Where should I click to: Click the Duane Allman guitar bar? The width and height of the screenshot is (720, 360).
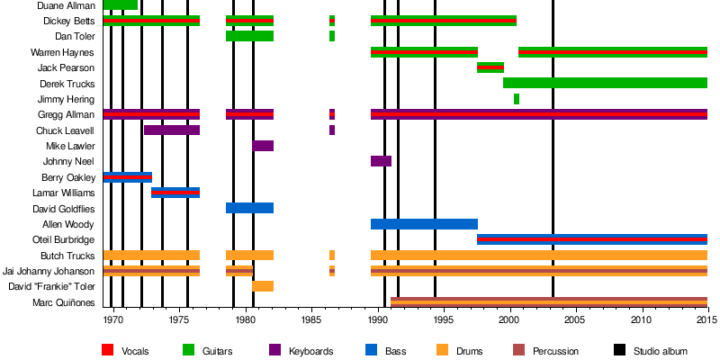click(121, 4)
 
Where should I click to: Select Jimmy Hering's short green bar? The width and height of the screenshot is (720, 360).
click(517, 99)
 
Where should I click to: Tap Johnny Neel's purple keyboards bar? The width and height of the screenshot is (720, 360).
click(381, 161)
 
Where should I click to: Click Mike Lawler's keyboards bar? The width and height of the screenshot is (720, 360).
click(263, 146)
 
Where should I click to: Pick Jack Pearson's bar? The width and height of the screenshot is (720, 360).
click(490, 67)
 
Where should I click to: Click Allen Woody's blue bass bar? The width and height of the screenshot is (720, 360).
click(424, 224)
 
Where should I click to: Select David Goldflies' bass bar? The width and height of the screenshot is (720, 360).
click(249, 208)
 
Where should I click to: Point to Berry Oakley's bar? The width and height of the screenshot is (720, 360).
click(128, 177)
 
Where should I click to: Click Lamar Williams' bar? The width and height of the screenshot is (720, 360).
click(175, 193)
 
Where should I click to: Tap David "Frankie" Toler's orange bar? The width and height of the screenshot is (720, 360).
click(263, 286)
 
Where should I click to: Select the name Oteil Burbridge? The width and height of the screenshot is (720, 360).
click(63, 240)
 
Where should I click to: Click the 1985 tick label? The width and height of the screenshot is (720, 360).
click(311, 319)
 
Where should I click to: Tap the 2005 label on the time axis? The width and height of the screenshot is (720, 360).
click(575, 319)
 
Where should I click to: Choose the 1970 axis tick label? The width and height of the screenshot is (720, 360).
click(113, 319)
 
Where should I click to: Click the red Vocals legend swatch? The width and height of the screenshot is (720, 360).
click(107, 350)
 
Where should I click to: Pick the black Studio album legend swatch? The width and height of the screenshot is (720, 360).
click(619, 350)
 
